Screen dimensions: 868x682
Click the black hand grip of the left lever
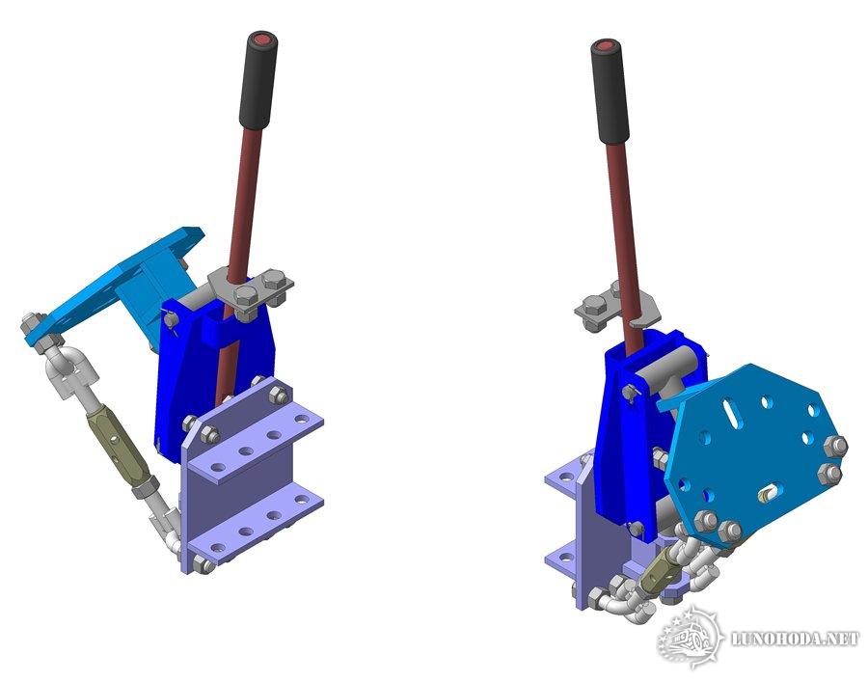(258, 81)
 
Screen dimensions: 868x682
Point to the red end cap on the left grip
(262, 40)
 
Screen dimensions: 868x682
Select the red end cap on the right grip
(604, 46)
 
